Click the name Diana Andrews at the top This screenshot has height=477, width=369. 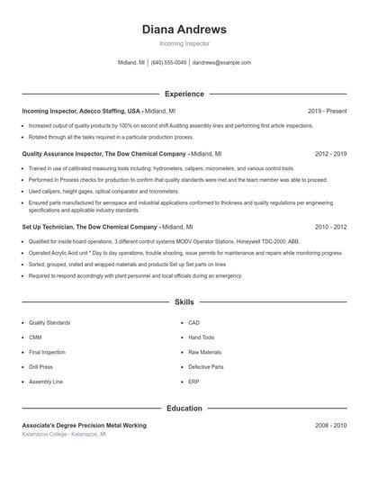pyautogui.click(x=184, y=30)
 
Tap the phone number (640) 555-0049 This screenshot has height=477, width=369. pyautogui.click(x=168, y=63)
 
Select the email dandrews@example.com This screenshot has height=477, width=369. pyautogui.click(x=221, y=63)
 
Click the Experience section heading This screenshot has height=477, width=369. pyautogui.click(x=184, y=94)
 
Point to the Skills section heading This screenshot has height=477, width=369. pyautogui.click(x=184, y=302)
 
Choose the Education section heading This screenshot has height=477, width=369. pyautogui.click(x=184, y=409)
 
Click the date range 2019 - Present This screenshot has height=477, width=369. pyautogui.click(x=327, y=111)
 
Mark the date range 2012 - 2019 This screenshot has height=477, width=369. pyautogui.click(x=330, y=154)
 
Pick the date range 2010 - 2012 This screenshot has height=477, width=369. pyautogui.click(x=330, y=227)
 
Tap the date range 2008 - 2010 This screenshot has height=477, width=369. pyautogui.click(x=330, y=425)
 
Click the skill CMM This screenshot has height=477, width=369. pyautogui.click(x=36, y=337)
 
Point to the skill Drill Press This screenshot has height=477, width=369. pyautogui.click(x=40, y=367)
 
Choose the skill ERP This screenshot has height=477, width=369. pyautogui.click(x=193, y=382)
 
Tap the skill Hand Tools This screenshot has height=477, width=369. pyautogui.click(x=201, y=337)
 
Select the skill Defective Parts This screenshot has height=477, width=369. pyautogui.click(x=205, y=367)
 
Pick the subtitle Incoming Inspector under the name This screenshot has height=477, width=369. pyautogui.click(x=184, y=43)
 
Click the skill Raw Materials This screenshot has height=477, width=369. pyautogui.click(x=204, y=352)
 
